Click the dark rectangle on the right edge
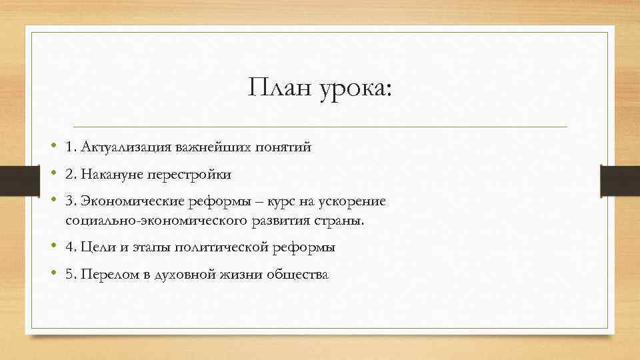[x=620, y=181]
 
